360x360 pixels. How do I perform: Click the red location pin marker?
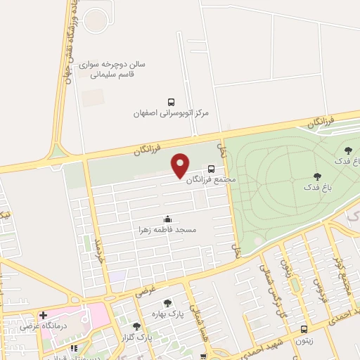point(181,165)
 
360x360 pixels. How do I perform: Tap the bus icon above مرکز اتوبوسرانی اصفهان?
point(172,102)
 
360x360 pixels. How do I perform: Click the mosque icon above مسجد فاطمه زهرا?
point(167,219)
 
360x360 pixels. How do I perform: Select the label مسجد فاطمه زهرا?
point(167,230)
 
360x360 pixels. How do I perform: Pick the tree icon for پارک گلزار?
point(136,326)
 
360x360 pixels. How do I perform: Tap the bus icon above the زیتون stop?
point(304,328)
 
